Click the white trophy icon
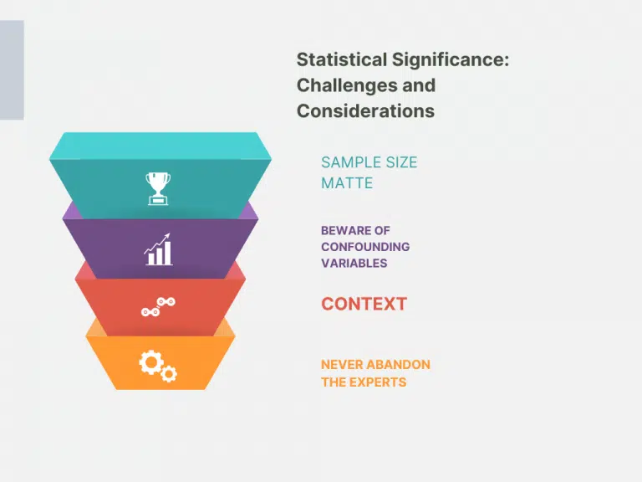pos(158,188)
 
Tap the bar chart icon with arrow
pos(158,249)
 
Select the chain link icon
pos(159,307)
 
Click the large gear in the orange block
pos(151,361)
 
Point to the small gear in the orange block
pos(169,373)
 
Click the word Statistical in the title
pos(342,59)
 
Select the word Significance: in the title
pos(451,60)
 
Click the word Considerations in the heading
pos(365,111)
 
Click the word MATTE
pos(347,182)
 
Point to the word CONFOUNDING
pos(365,247)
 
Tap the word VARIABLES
pos(354,263)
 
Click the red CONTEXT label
pos(364,304)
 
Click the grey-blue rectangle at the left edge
pos(12,70)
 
